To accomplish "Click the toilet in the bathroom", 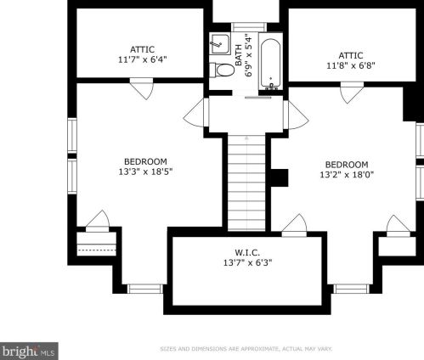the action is point(223,70).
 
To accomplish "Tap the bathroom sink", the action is point(220,43).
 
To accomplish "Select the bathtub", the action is point(270,64).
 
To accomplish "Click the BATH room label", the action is point(239,55).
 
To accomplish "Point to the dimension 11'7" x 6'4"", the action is point(142,59).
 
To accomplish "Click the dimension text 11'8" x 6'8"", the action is point(351,65).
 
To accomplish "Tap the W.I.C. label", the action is point(247,252).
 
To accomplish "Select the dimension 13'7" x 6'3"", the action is point(247,262).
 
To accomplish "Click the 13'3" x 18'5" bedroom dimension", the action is point(145,172).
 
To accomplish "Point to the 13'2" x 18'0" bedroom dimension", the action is point(347,175).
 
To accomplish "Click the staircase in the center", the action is point(246,182).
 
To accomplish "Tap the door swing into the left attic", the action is point(142,88).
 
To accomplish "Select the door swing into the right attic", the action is point(352,93).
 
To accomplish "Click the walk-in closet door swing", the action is point(295,225).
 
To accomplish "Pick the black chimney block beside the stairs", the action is point(280,177).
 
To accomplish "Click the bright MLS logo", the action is point(29,352).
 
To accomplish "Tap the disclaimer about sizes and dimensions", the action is point(246,349).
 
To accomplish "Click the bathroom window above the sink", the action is point(249,27).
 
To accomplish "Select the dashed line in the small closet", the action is point(97,250).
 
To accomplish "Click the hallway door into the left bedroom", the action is point(196,113).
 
